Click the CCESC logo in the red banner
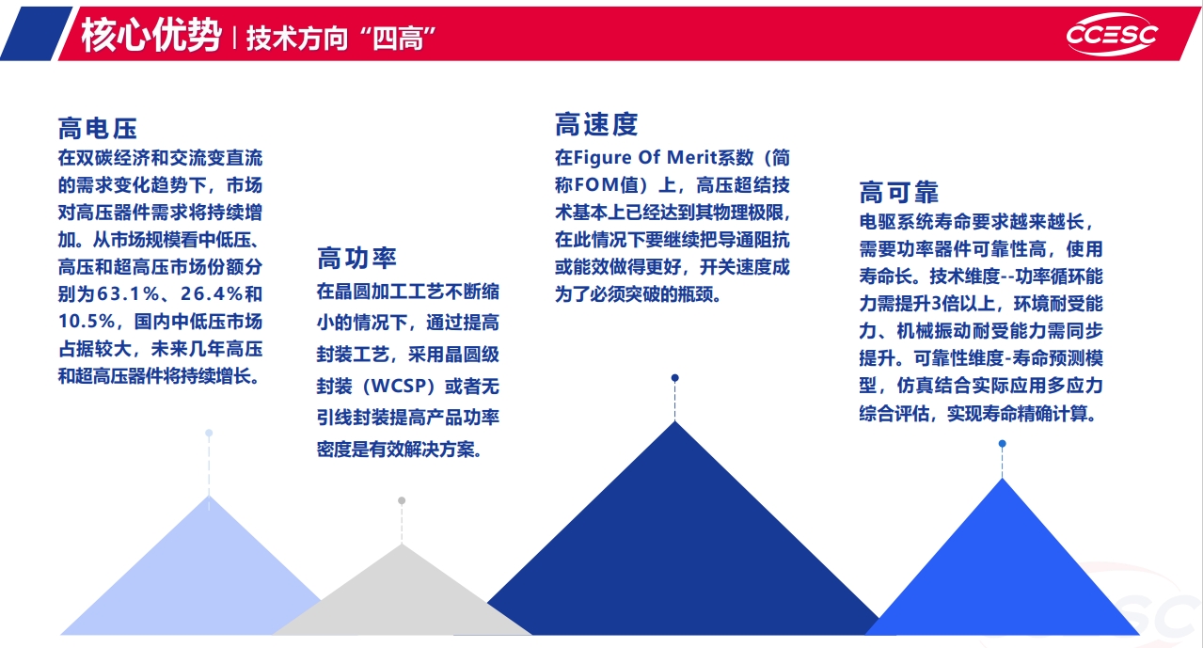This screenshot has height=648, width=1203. click(1112, 35)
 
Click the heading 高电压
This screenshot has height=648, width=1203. click(98, 129)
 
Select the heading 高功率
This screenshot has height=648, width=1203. click(356, 259)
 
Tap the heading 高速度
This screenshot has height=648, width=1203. click(596, 124)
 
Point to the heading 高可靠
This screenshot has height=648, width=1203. click(899, 192)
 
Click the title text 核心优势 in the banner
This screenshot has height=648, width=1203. click(151, 36)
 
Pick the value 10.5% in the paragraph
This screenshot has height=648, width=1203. click(87, 322)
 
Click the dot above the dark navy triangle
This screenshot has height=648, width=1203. click(675, 378)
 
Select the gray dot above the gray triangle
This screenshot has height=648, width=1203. click(402, 501)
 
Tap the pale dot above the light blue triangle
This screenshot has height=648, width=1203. click(209, 434)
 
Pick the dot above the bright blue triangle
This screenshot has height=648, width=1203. click(1002, 444)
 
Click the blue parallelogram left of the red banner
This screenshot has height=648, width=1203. click(36, 33)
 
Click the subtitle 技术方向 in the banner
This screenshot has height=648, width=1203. click(297, 39)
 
